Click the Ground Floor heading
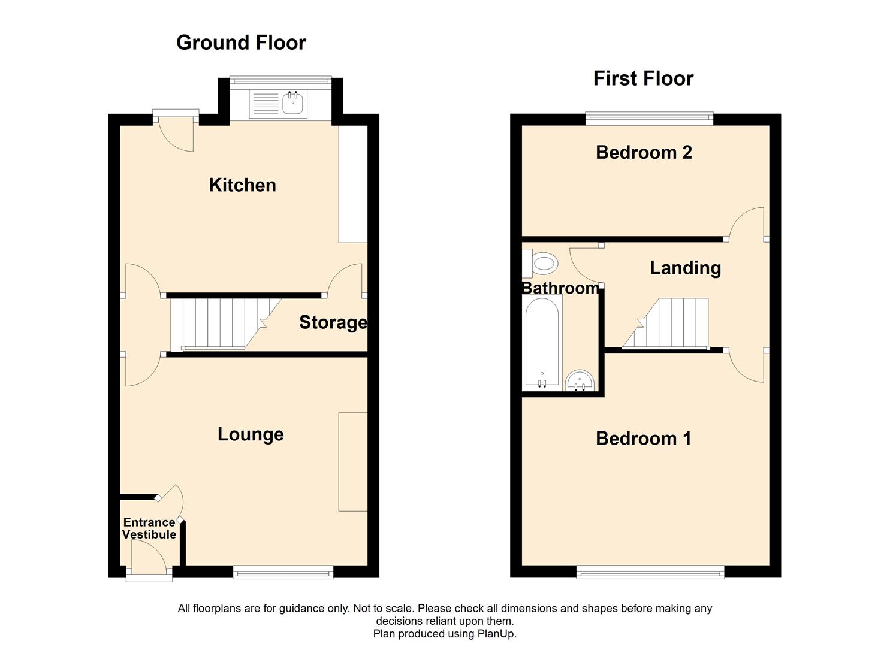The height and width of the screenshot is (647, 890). (241, 43)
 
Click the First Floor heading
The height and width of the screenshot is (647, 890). (643, 78)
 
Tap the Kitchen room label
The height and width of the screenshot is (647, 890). (242, 185)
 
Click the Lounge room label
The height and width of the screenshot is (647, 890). (251, 434)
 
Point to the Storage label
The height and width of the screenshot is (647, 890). (333, 322)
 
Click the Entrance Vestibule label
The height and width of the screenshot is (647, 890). (149, 528)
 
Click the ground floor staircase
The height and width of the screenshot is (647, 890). (219, 323)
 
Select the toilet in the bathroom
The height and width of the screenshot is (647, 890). (541, 262)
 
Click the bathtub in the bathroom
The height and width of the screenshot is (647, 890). (542, 341)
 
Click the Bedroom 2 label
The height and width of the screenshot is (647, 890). (644, 153)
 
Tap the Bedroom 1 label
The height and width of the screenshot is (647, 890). (644, 439)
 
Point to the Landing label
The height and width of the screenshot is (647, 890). (685, 268)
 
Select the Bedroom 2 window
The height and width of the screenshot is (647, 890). (649, 118)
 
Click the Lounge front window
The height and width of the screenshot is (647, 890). (283, 573)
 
